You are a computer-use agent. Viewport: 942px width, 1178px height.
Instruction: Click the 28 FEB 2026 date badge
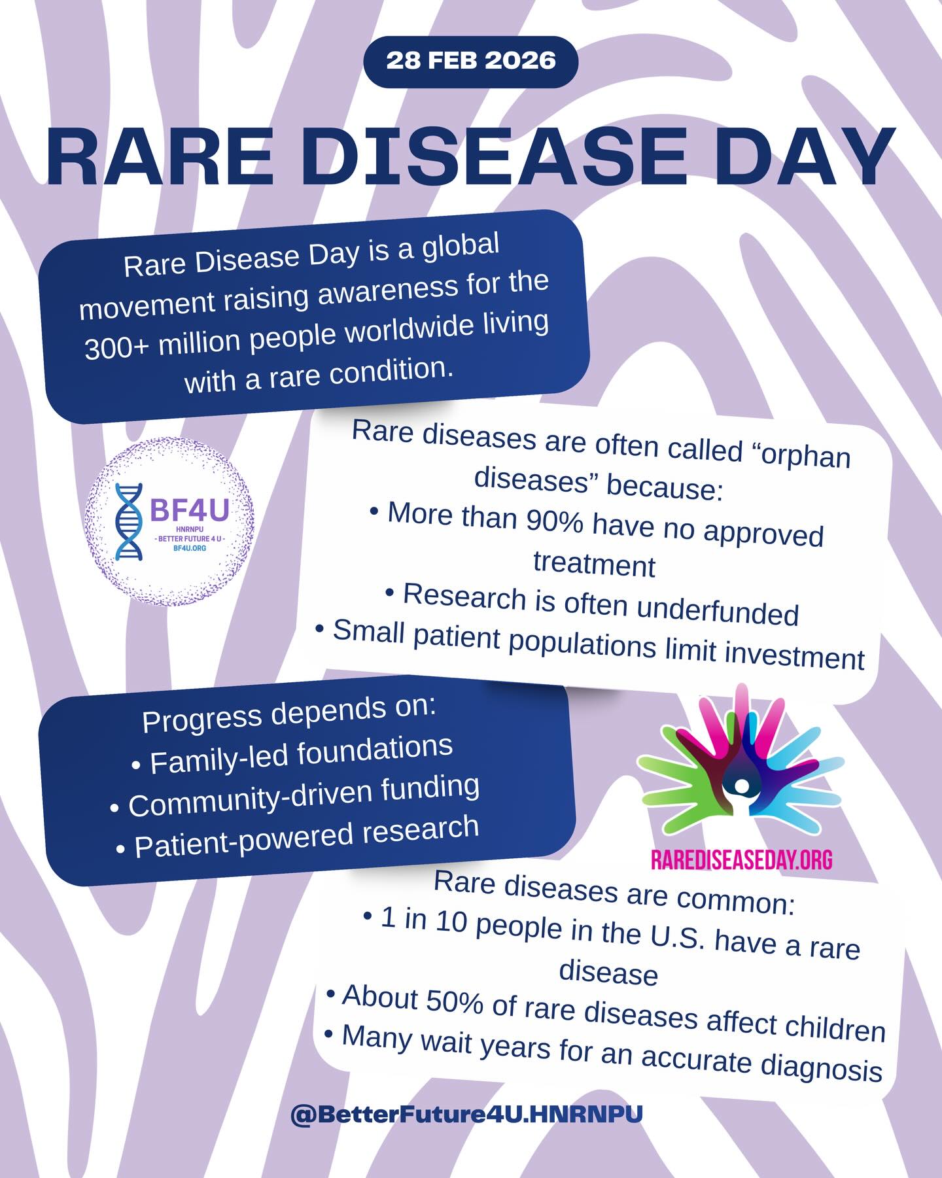[471, 61]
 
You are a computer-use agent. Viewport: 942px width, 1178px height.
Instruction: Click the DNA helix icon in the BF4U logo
[128, 522]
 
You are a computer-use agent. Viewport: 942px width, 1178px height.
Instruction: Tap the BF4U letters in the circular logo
[190, 510]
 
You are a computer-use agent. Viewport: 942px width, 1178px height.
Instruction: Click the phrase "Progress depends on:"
[288, 714]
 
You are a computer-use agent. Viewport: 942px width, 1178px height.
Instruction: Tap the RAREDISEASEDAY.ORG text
[741, 859]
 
